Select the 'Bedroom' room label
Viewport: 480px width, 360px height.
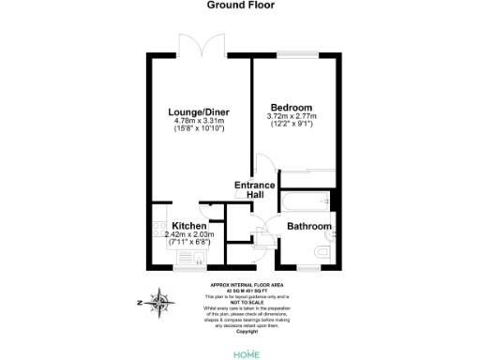(x=292, y=107)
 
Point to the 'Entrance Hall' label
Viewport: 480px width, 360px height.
(x=254, y=189)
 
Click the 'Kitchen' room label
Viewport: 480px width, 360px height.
(x=188, y=226)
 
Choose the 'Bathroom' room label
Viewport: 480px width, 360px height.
(x=308, y=227)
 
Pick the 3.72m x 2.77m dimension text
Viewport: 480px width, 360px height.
(x=292, y=116)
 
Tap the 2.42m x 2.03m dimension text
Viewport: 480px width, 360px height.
(x=189, y=234)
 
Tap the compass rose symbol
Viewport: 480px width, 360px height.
(x=162, y=303)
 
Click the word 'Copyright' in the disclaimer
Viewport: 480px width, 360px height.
(x=247, y=330)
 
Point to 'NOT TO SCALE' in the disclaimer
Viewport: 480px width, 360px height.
(x=247, y=300)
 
